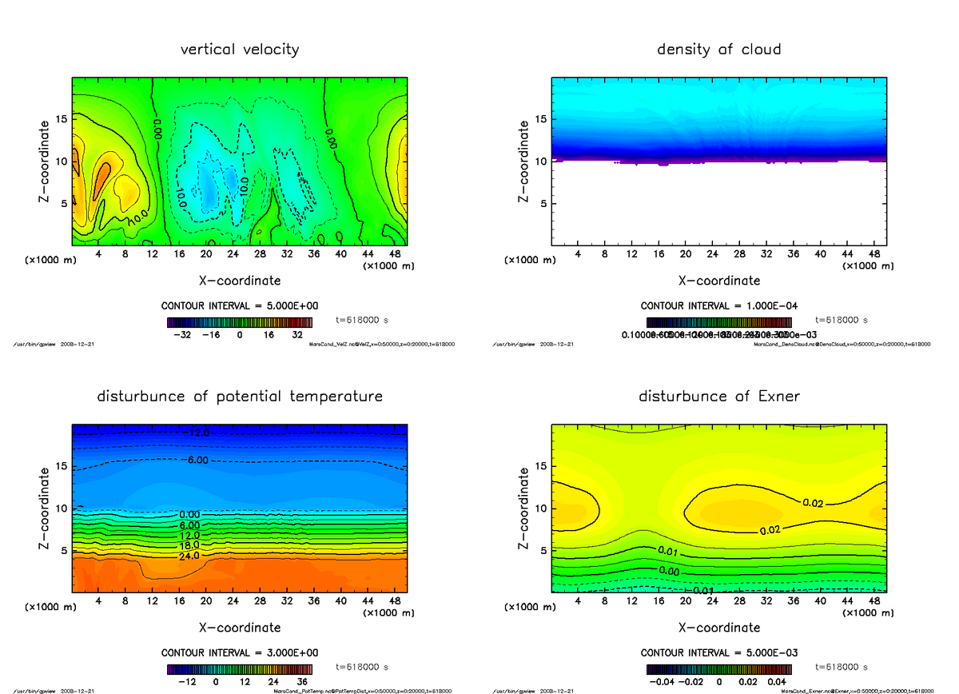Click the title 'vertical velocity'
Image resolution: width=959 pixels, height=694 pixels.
[x=240, y=50]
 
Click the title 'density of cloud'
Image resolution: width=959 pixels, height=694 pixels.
[x=718, y=50]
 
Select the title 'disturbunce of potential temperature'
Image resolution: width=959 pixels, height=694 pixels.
[x=240, y=397]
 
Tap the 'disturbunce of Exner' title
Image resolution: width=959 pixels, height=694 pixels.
[x=718, y=397]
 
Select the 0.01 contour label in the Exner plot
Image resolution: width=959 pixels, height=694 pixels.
[x=668, y=551]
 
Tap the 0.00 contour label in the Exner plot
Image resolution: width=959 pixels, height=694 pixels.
[x=668, y=572]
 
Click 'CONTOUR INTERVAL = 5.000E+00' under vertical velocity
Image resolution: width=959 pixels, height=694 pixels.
[x=241, y=306]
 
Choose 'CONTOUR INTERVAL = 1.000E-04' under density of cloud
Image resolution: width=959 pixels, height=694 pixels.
[x=719, y=306]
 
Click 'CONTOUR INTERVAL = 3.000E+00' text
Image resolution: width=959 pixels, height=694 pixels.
[x=241, y=652]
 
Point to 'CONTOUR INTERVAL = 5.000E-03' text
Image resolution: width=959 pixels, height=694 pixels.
[x=719, y=652]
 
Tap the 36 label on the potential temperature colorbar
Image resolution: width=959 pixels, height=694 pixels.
[x=303, y=682]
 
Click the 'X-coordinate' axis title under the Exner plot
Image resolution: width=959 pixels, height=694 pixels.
[x=718, y=628]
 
